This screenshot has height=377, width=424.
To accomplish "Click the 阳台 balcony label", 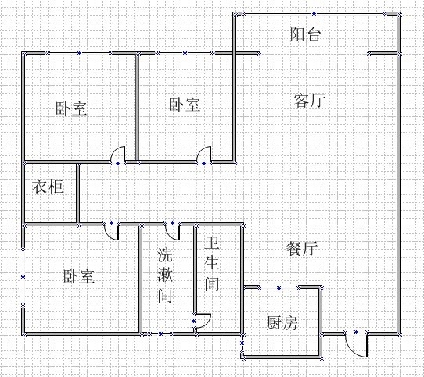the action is [x=306, y=34].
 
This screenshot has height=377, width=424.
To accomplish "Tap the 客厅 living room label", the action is [x=309, y=101].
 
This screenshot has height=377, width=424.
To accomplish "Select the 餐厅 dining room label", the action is [x=302, y=248].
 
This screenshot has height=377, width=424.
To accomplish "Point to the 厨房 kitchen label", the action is [x=282, y=322].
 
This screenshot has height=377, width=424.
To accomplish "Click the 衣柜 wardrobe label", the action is [x=48, y=187].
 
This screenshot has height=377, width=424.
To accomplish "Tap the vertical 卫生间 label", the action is [x=212, y=264].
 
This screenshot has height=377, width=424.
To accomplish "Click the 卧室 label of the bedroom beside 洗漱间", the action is [x=79, y=276].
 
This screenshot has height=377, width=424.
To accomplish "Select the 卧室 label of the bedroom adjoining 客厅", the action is [x=185, y=105].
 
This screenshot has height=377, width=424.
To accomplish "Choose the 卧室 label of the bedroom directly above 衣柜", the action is [x=71, y=108].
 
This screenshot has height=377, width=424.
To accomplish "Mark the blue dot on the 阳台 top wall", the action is [x=314, y=14].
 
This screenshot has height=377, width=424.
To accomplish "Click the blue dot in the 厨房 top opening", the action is [x=278, y=289].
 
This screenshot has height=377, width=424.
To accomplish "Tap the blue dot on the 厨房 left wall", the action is [x=243, y=343].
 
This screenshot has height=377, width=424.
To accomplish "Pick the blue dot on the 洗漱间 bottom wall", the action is [x=160, y=334].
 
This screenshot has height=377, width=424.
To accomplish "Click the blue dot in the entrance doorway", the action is [x=356, y=332].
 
